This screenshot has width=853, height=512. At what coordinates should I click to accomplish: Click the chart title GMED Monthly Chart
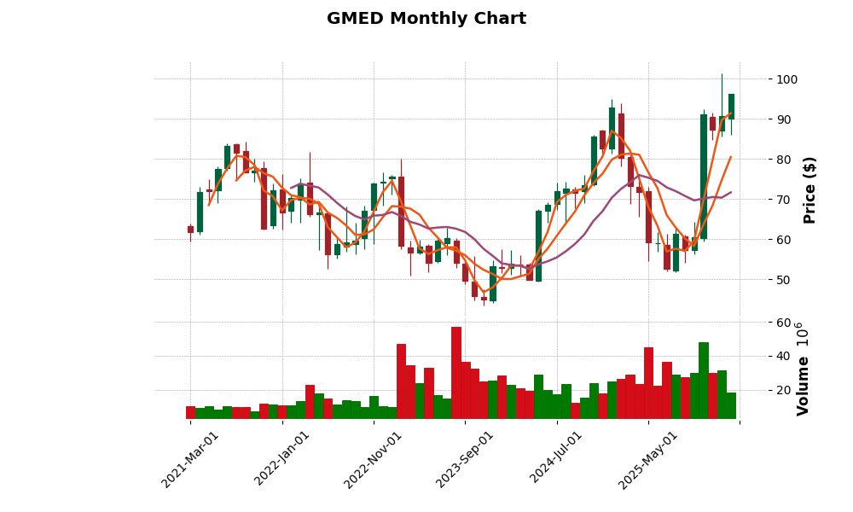(426, 19)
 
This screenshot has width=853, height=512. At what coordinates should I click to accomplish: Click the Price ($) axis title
(809, 189)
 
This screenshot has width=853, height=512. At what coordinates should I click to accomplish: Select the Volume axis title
(803, 369)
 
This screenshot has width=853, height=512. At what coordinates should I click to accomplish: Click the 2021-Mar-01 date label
(189, 459)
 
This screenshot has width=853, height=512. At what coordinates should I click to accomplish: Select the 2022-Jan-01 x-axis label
(281, 459)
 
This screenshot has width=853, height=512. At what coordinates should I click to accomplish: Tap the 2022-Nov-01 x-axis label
(373, 459)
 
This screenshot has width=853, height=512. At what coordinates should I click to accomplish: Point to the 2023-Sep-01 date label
(464, 459)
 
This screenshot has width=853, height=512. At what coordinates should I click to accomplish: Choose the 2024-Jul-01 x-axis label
(556, 459)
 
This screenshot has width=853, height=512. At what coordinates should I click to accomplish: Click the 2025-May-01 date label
(647, 459)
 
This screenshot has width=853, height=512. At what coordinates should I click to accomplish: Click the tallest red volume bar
(456, 373)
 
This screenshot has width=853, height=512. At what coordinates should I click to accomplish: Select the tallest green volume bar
(704, 381)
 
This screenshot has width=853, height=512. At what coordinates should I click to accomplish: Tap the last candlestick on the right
(731, 107)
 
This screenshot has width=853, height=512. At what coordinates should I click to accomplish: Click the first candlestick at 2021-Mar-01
(190, 230)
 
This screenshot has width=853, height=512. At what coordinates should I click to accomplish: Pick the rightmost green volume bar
(731, 405)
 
